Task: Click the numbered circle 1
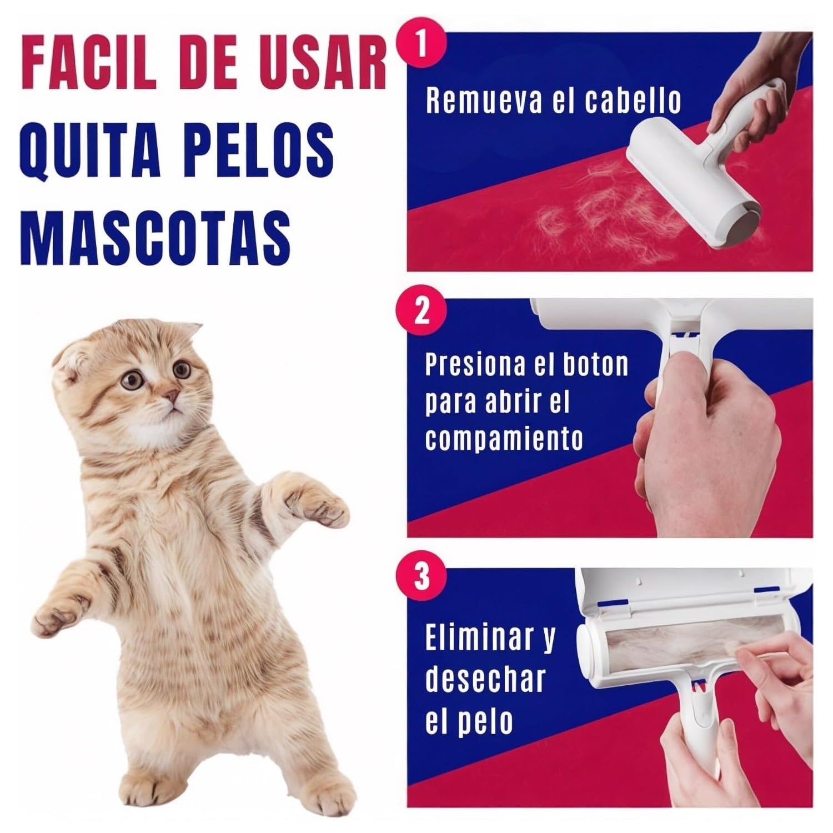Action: tap(422, 44)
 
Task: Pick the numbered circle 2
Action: tap(422, 311)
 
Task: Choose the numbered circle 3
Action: tap(422, 576)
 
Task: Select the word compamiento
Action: tap(504, 439)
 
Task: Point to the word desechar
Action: tap(485, 680)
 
